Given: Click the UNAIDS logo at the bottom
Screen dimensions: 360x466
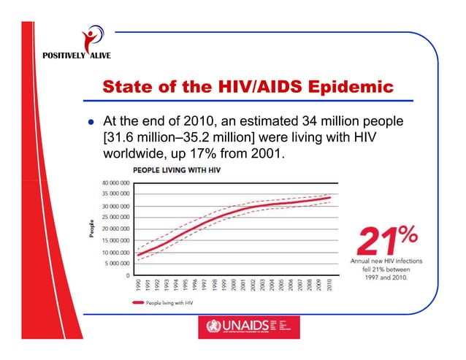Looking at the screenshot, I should click(x=248, y=328).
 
